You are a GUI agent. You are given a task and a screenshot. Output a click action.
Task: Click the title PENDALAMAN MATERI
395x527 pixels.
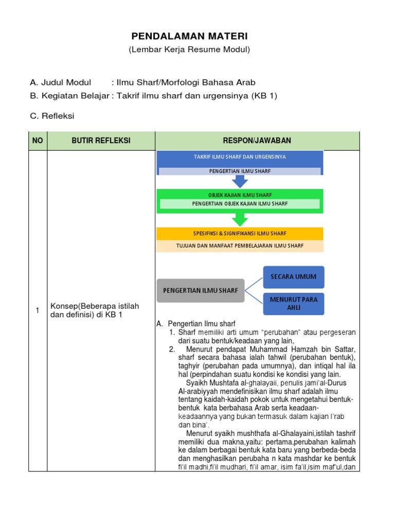[189, 36]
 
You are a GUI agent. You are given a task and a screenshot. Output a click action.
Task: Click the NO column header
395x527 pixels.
[38, 140]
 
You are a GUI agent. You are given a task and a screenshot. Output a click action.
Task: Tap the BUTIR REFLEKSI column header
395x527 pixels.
[101, 140]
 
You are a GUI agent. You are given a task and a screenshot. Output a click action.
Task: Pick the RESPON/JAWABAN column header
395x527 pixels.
[257, 140]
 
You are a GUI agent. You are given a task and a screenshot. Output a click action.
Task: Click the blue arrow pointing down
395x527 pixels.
[240, 181]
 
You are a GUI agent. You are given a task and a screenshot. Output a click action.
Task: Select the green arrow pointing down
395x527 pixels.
[240, 220]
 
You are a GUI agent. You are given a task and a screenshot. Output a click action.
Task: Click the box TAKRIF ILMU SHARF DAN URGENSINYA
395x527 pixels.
[240, 156]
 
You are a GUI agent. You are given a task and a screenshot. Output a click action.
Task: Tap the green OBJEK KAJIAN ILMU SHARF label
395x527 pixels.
[240, 195]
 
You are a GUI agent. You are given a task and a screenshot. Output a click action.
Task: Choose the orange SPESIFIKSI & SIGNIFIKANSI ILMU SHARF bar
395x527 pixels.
[240, 234]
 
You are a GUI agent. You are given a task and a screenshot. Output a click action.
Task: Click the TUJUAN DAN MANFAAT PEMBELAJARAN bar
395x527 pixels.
[240, 246]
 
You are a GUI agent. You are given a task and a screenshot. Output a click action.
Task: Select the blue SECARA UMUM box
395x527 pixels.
[293, 277]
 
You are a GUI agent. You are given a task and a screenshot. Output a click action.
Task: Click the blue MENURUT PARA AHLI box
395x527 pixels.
[293, 303]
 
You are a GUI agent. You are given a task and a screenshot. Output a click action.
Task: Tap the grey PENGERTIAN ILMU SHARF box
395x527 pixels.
[200, 291]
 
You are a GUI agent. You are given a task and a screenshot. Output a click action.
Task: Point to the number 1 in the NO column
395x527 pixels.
[38, 310]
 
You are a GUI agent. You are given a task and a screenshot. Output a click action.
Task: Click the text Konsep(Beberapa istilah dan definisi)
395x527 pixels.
[94, 310]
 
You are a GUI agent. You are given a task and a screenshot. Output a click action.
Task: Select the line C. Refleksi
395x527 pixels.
[52, 116]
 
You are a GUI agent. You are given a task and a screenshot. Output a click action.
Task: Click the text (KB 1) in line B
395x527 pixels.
[264, 96]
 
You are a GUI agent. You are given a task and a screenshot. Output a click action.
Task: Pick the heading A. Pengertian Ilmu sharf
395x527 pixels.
[195, 324]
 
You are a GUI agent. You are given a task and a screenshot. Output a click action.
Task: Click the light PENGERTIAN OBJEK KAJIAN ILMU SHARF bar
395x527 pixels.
[240, 204]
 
